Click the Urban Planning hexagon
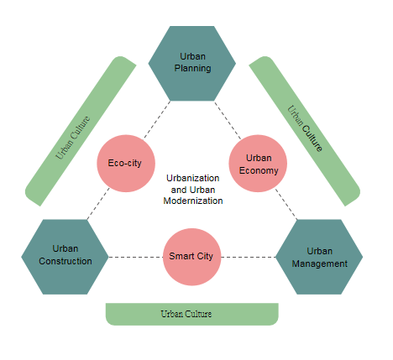[192, 64]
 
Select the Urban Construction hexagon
[65, 257]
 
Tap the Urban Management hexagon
[319, 257]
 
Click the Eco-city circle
[126, 164]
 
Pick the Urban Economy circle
[258, 164]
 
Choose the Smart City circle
[192, 257]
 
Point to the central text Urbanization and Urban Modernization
[193, 190]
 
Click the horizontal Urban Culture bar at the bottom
[192, 314]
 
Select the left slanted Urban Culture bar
[81, 131]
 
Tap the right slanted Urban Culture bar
[305, 131]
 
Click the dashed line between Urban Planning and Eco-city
[157, 120]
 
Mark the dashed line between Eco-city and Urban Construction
[98, 204]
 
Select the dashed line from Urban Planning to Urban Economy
[228, 120]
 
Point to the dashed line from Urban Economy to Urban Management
[286, 204]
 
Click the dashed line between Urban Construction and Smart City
[136, 257]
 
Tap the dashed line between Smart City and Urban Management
[249, 257]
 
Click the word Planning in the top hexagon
[192, 69]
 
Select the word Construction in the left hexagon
[65, 261]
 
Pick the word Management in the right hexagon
[320, 263]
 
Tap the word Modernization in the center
[193, 201]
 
